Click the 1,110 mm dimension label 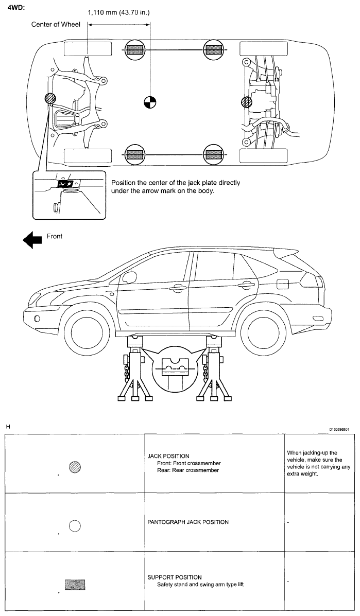coord(119,13)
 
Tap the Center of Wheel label coord(56,25)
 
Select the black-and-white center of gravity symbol coord(149,102)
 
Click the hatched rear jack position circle coord(247,103)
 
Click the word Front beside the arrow coord(55,236)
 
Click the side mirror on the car coord(128,277)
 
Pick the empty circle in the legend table coord(75,525)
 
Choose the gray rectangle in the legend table coord(75,585)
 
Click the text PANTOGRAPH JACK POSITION coord(188,522)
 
